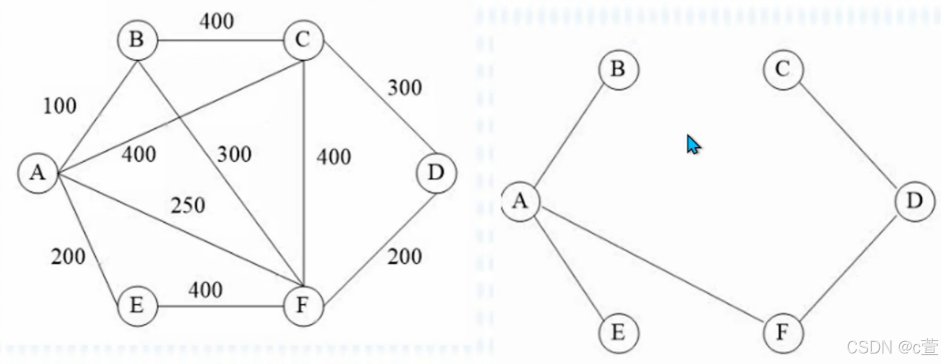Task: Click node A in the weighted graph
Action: pos(38,173)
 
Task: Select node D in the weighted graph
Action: pos(435,173)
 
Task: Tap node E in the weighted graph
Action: pos(137,306)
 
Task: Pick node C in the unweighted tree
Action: pos(783,69)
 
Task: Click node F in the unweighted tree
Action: pos(783,332)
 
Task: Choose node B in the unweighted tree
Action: pos(618,69)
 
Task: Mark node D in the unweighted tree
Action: pos(915,201)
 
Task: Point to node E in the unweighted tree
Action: pos(618,333)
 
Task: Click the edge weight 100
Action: pos(60,105)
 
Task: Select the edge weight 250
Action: pos(188,206)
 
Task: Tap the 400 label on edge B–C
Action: pos(216,22)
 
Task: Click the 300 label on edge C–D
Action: pos(405,87)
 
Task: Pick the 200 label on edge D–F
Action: pos(405,256)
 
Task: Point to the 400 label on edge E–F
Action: pos(206,289)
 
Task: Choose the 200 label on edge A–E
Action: pos(68,256)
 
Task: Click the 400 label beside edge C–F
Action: pos(334,157)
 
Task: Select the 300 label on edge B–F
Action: pos(234,154)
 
